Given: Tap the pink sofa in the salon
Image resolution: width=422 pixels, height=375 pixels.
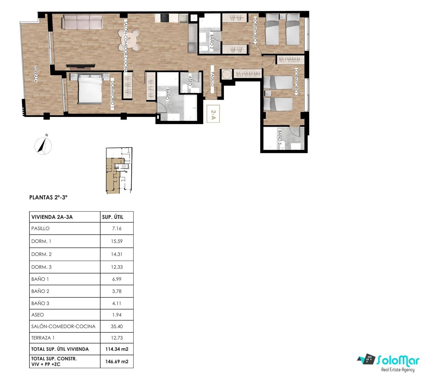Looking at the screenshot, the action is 82,22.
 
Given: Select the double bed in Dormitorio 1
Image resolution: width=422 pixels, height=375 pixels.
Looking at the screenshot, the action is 90,89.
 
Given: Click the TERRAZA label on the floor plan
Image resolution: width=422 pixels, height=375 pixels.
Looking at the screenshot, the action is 36,74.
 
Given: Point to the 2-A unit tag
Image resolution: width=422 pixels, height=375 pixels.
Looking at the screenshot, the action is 213,114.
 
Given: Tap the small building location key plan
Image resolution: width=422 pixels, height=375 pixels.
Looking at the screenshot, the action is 119,171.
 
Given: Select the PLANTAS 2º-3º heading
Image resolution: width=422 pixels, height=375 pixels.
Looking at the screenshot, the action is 48,197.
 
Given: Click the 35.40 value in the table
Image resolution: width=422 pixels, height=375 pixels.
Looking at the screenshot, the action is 117,326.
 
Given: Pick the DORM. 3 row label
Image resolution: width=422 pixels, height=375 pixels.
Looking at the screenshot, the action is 41,267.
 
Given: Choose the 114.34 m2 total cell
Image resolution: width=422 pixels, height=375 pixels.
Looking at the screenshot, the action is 117,349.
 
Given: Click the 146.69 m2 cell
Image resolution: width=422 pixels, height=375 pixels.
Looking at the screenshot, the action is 117,361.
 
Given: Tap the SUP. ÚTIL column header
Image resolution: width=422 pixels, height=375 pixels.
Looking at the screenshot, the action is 113,217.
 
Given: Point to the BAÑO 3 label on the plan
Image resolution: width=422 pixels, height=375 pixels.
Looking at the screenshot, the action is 279,137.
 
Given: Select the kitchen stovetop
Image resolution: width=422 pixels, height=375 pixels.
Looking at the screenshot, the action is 164,18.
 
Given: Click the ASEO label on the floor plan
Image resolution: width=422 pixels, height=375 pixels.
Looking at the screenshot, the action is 190,81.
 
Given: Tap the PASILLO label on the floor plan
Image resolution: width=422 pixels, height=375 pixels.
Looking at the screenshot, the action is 212,79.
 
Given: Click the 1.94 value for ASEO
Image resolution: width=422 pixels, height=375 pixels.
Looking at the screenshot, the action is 117,315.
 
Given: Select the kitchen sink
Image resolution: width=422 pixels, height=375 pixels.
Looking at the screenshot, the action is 183,18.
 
